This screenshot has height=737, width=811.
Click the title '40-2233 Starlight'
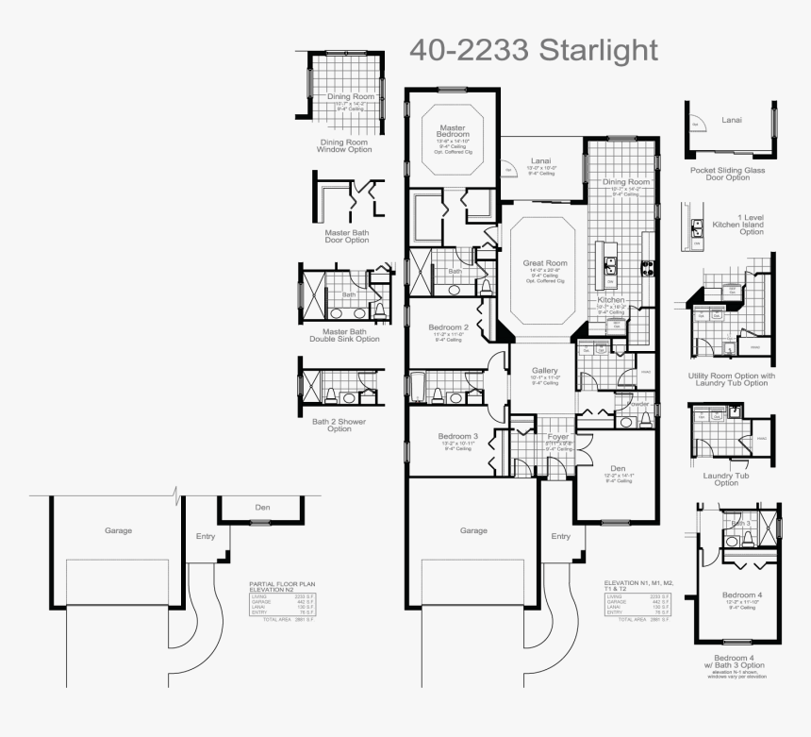click(533, 50)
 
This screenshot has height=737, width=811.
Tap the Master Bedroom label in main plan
click(452, 132)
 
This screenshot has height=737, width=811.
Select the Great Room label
click(546, 263)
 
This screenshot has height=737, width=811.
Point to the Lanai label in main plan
click(540, 160)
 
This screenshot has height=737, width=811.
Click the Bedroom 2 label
click(449, 327)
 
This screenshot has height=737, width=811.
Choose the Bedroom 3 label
click(458, 436)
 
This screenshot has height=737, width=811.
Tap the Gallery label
click(545, 370)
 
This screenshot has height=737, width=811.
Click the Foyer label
click(558, 437)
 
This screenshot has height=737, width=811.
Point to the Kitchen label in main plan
click(611, 299)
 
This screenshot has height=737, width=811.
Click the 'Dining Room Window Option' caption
click(344, 146)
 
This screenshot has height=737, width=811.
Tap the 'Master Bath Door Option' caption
click(346, 236)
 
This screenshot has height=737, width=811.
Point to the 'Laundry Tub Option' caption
click(726, 479)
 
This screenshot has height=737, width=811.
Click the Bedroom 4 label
click(741, 595)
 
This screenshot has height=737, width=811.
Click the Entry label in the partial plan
click(206, 536)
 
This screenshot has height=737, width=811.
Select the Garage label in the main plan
click(473, 530)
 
